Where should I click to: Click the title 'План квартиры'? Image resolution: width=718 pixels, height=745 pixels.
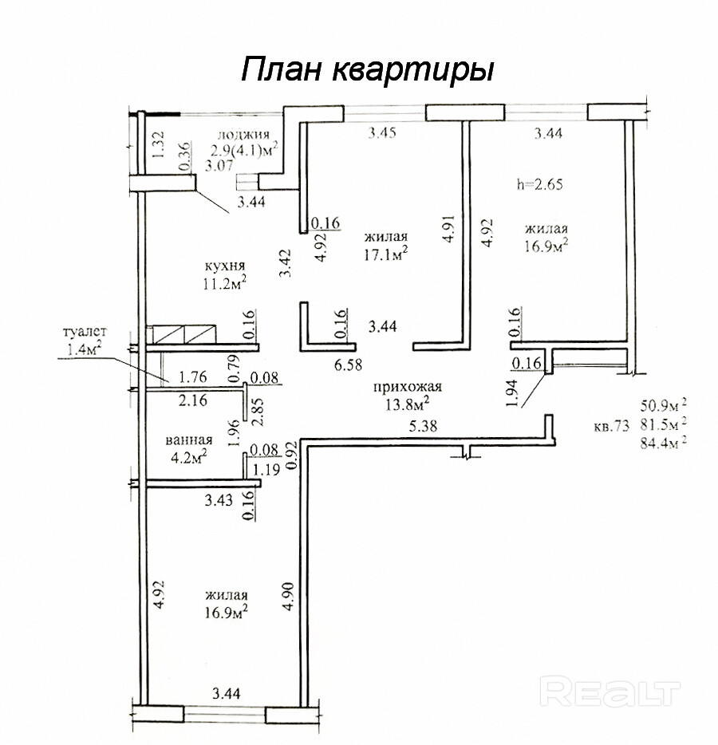(368, 69)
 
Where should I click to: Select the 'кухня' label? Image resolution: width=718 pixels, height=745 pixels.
(224, 266)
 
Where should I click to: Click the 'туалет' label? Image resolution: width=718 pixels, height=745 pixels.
(84, 332)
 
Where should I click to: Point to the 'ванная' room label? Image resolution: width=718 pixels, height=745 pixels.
(188, 440)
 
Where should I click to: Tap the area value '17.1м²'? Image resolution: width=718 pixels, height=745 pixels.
(386, 254)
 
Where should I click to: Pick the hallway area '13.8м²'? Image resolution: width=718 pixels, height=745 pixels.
(407, 404)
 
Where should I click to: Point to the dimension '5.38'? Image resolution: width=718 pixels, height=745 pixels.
(424, 428)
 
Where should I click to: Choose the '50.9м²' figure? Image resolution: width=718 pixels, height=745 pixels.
(663, 404)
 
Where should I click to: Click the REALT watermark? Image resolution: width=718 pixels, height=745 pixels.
(610, 690)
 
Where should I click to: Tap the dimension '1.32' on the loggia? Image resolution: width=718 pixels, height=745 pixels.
(157, 145)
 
